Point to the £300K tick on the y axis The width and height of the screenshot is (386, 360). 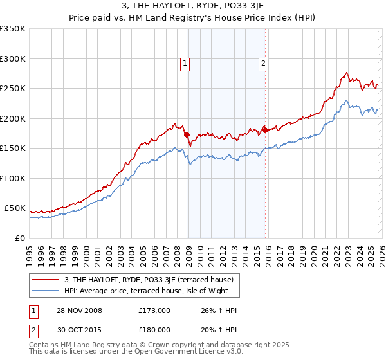(x=13, y=59)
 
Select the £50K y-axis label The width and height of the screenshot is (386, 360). (x=15, y=208)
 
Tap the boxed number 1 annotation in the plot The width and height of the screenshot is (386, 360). (x=185, y=63)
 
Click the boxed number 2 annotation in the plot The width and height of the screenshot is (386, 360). (x=264, y=63)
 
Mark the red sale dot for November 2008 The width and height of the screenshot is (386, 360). (x=187, y=135)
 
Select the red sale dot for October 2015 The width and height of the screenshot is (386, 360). (x=266, y=130)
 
